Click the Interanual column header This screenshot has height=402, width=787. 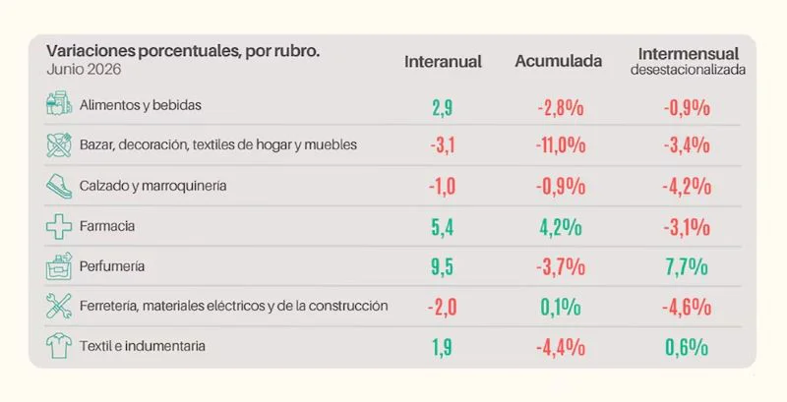[443, 62]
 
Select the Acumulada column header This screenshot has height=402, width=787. [558, 61]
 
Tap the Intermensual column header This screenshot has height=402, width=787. [688, 54]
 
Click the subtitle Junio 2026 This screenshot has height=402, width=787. [84, 69]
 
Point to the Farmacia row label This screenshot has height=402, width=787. [107, 226]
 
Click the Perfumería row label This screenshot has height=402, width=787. [112, 266]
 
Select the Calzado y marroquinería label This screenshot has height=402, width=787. [152, 186]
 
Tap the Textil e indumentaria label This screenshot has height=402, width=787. [142, 346]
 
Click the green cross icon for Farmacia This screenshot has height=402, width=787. [59, 227]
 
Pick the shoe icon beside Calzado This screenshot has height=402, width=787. [59, 187]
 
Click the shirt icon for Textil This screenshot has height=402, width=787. [59, 346]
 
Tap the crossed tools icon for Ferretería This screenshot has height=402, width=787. [59, 307]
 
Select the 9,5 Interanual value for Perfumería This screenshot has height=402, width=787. [442, 266]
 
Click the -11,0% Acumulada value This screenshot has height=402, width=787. [560, 145]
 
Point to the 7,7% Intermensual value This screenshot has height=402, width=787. [687, 266]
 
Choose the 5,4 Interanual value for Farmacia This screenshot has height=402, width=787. [442, 227]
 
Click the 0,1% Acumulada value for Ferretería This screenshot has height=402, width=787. [561, 307]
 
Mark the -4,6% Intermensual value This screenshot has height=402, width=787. [687, 307]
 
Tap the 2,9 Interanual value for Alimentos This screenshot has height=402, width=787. [442, 108]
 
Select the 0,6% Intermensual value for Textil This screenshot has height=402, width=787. [687, 347]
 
